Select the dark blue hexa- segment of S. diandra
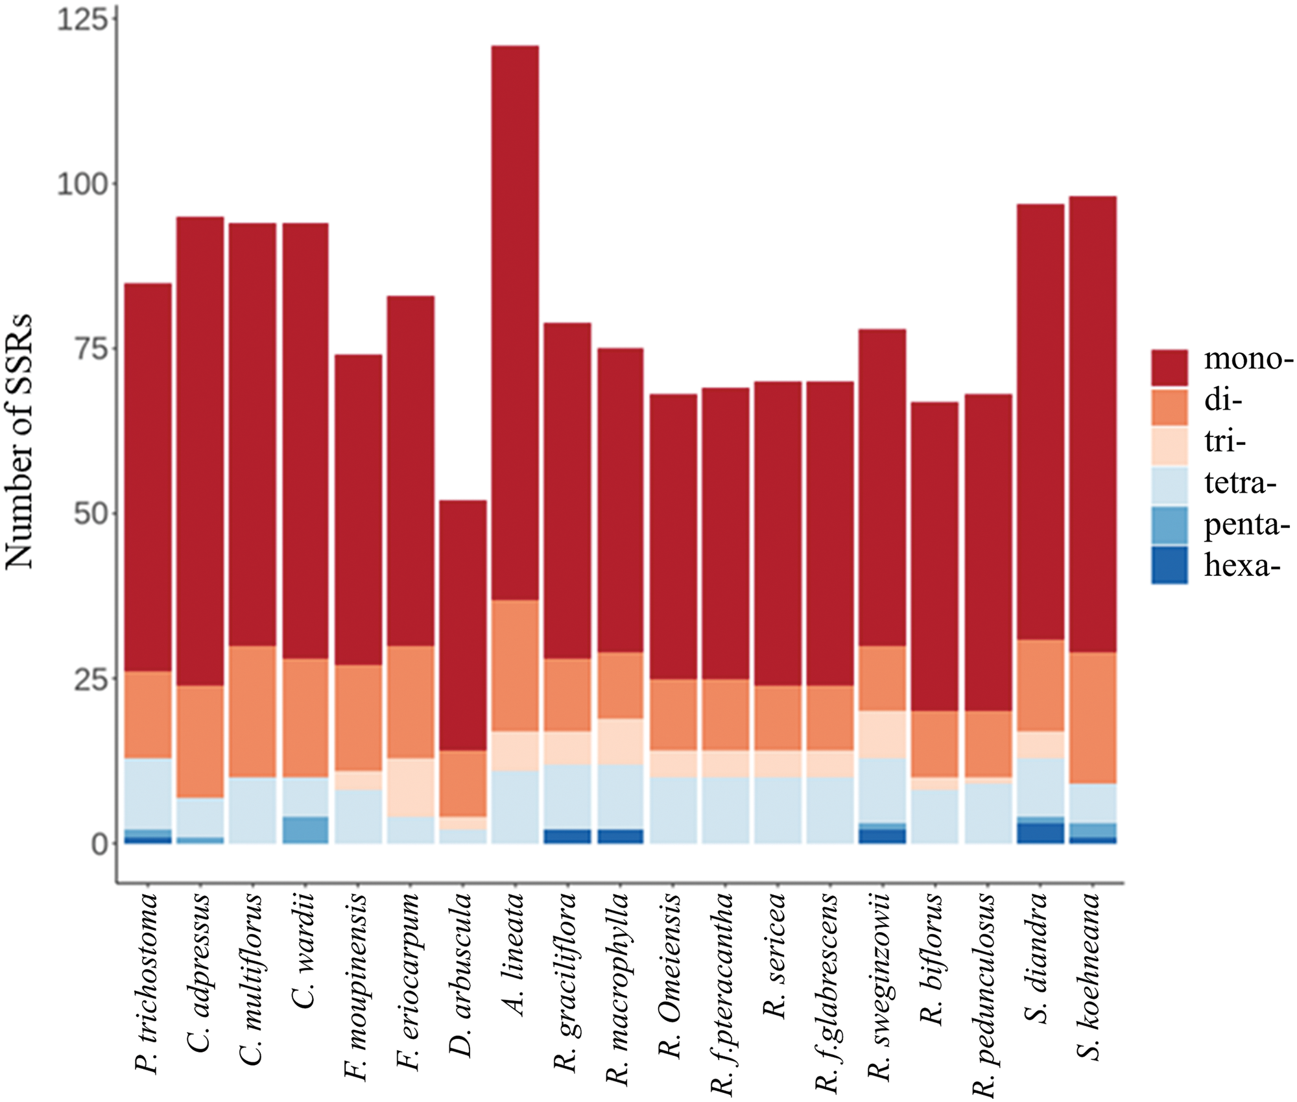[1040, 833]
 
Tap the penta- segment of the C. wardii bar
[305, 830]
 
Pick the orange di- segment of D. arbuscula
[462, 783]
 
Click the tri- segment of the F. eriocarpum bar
[411, 787]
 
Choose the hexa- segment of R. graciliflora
[567, 836]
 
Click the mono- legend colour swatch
[1169, 367]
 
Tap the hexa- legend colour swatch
[1169, 565]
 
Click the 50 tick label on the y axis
[90, 514]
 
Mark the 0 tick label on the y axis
[99, 844]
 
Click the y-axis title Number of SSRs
[19, 441]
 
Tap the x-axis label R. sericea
[774, 956]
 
